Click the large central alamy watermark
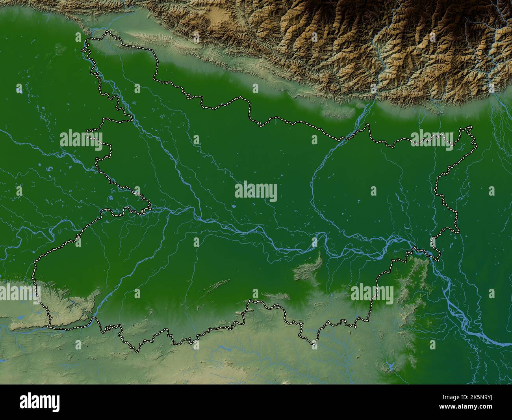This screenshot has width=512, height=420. point(256,191)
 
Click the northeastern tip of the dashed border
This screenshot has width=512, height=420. point(470,127)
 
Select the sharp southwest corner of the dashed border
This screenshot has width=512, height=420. point(49,326)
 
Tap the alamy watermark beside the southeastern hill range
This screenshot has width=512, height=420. point(372,294)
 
